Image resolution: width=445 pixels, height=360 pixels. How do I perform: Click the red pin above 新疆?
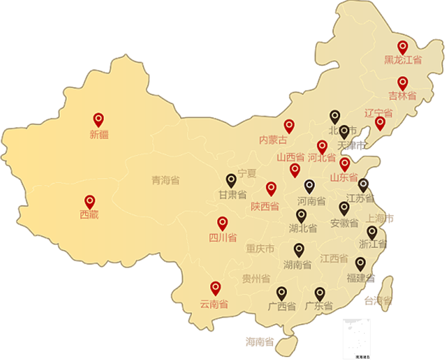[99, 120]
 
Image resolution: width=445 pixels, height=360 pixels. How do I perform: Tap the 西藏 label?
[89, 215]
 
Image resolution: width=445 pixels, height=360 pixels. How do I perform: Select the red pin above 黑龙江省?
[403, 48]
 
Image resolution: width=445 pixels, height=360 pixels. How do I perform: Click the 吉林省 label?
[403, 96]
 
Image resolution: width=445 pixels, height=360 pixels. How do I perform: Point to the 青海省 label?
[166, 181]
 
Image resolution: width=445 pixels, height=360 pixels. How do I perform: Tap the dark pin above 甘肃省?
[231, 181]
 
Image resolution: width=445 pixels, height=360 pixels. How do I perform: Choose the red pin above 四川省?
[222, 224]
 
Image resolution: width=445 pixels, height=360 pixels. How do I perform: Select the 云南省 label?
[214, 304]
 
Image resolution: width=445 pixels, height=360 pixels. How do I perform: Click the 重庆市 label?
[260, 249]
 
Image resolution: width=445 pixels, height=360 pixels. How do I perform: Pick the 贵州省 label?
[256, 279]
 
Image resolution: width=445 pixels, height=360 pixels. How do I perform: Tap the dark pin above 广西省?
[282, 293]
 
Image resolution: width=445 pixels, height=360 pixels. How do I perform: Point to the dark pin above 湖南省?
[299, 250]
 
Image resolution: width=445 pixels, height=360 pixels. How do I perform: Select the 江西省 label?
[334, 258]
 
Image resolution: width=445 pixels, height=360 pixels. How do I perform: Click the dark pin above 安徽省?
[344, 208]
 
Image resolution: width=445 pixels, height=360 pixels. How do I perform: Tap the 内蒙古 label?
[273, 140]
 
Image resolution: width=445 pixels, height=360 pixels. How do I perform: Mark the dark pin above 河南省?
[310, 186]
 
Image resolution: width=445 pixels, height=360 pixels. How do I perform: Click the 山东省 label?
[344, 178]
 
